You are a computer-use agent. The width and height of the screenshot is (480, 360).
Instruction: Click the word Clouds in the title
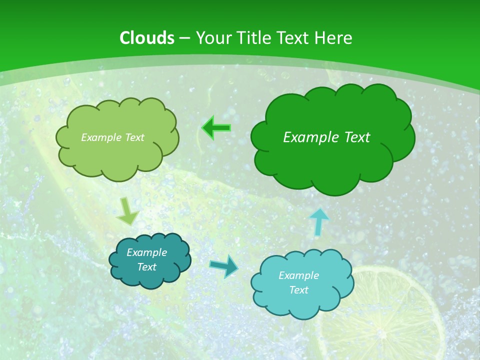tap(147, 38)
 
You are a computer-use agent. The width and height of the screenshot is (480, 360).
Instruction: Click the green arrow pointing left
tap(216, 128)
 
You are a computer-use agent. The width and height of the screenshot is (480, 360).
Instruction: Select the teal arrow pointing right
tap(224, 266)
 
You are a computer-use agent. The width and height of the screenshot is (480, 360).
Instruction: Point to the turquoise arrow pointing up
tap(319, 221)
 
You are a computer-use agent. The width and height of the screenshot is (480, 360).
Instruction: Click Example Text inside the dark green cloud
tap(326, 137)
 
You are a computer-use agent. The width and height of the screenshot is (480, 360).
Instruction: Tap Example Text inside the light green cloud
tap(112, 137)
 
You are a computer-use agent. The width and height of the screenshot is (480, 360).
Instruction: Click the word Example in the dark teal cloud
tap(146, 252)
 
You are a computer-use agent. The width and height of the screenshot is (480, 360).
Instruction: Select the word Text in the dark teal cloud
tap(146, 267)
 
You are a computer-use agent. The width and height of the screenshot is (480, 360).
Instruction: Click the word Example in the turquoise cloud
tap(298, 275)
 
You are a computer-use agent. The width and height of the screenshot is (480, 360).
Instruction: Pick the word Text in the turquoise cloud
tap(298, 290)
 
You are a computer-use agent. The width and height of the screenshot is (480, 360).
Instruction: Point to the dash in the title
tap(184, 38)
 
